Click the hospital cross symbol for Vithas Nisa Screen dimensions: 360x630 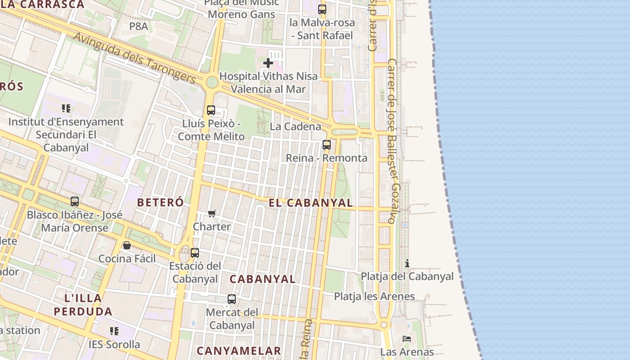coord(268,63)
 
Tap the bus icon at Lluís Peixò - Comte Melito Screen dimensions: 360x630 coord(211,110)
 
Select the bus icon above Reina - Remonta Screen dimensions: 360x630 coord(327,145)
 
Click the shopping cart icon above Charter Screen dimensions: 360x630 coord(212,213)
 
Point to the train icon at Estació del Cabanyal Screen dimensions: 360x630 coord(194,252)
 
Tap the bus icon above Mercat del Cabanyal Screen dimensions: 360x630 coord(232,299)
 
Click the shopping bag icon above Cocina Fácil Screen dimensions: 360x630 coord(127,245)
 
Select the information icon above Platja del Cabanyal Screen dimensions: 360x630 coord(407,263)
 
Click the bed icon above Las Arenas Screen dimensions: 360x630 coord(407,338)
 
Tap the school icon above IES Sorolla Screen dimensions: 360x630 coord(114,331)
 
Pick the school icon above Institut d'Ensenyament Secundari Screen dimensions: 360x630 coord(66,108)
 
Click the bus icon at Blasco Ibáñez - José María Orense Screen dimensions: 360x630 coord(75,202)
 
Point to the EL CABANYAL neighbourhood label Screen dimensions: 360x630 coord(310,202)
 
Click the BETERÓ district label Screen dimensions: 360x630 coord(160,202)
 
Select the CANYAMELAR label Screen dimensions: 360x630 coord(238,351)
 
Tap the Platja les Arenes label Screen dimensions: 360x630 coord(374,296)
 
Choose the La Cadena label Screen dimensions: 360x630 coord(295,126)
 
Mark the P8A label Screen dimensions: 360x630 coord(139,26)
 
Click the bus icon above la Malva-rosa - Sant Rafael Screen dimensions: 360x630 coord(322,9)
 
